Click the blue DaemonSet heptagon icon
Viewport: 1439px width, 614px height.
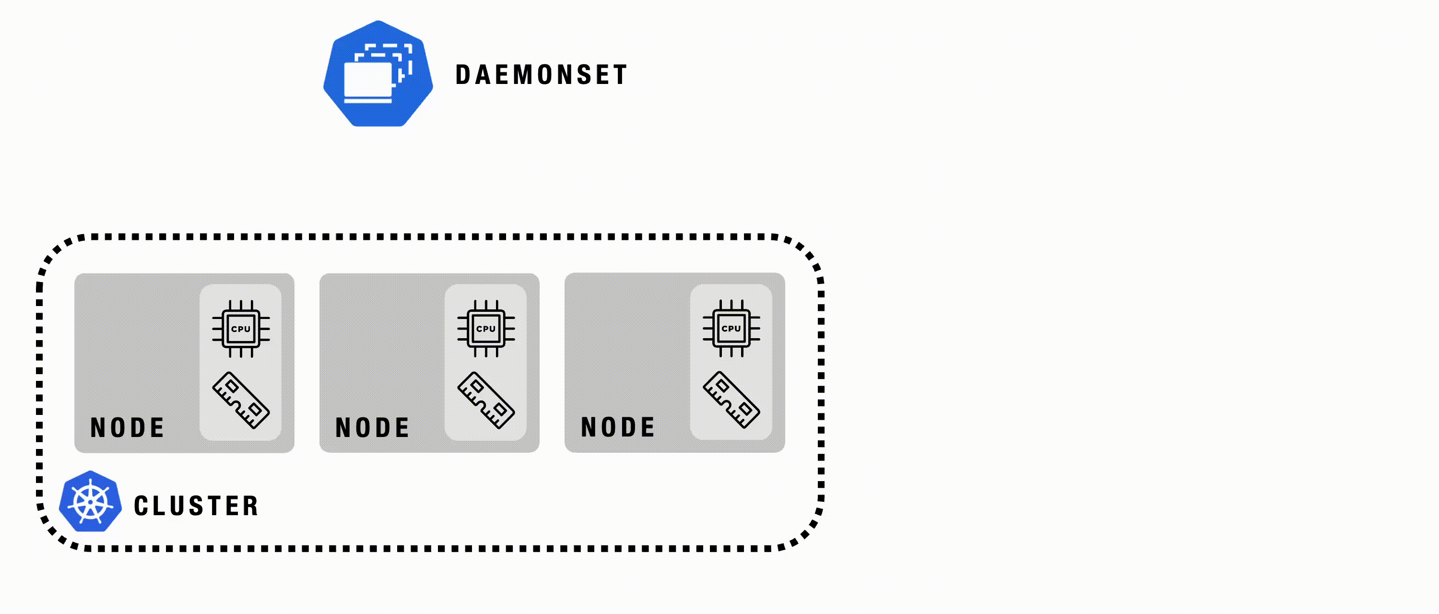[378, 74]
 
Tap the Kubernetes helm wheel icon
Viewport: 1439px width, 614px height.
[91, 501]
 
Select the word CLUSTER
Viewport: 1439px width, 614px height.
[196, 506]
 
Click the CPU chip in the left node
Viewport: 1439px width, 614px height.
[241, 329]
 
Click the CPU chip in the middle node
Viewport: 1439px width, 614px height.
[486, 329]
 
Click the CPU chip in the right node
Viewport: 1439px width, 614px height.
[731, 329]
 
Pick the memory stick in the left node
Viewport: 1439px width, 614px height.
[241, 400]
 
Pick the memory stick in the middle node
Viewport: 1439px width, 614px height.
[486, 400]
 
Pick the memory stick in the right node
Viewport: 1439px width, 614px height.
[731, 400]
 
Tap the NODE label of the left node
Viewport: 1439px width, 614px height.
[128, 428]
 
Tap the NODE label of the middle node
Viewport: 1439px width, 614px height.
[373, 428]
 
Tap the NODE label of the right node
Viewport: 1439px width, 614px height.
[618, 427]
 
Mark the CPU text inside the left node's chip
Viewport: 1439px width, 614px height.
[241, 329]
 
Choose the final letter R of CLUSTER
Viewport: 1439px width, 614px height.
[251, 506]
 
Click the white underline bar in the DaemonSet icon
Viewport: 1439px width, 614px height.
[367, 101]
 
